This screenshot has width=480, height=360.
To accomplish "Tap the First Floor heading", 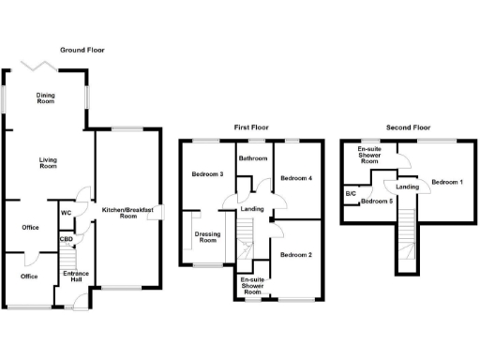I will point(254,126).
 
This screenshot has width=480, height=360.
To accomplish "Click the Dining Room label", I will point(46,98).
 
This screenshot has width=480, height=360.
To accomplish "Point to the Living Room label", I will point(48,162).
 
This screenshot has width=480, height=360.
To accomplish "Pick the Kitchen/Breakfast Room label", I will point(127,213).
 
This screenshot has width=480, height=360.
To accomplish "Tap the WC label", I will point(66,213).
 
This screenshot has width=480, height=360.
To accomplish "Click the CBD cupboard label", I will point(66,239).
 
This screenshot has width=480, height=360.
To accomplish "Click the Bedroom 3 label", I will point(207,174).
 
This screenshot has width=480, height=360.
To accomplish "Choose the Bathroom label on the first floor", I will point(253,159).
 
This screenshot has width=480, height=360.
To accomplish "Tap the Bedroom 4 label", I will point(296,178).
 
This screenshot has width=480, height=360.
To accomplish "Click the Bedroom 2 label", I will point(296,255).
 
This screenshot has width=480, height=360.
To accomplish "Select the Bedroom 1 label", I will point(448,181).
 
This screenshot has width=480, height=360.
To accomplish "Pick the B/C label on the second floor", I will point(351,193).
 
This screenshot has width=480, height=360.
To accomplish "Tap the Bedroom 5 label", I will point(377,202).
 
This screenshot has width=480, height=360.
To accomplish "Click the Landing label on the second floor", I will point(407,187).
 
